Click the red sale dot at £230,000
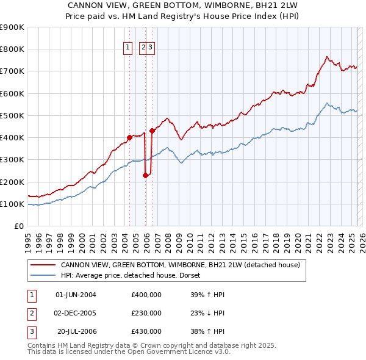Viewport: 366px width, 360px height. [146, 175]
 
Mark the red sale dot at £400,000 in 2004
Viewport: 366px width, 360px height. [129, 137]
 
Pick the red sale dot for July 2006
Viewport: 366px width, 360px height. [152, 131]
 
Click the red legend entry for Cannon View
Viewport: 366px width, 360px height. [180, 265]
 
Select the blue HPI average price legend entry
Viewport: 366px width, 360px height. [134, 276]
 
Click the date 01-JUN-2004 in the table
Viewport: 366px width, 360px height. [76, 295]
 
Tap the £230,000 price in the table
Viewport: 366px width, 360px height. [146, 313]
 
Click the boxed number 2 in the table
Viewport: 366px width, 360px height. [32, 313]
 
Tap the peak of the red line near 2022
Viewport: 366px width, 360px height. [328, 57]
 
